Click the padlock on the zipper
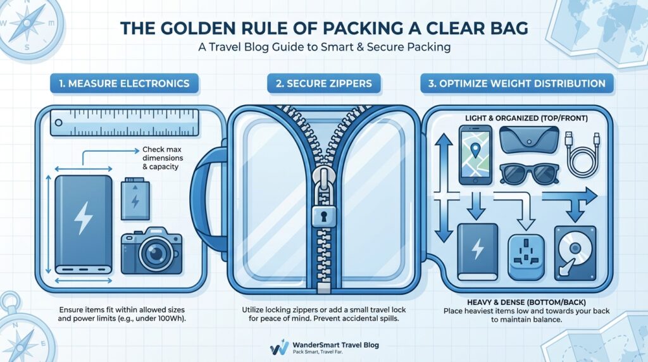324,215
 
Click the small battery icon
135,198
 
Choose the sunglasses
528,173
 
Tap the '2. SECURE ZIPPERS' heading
324,84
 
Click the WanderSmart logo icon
278,347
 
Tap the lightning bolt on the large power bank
83,219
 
